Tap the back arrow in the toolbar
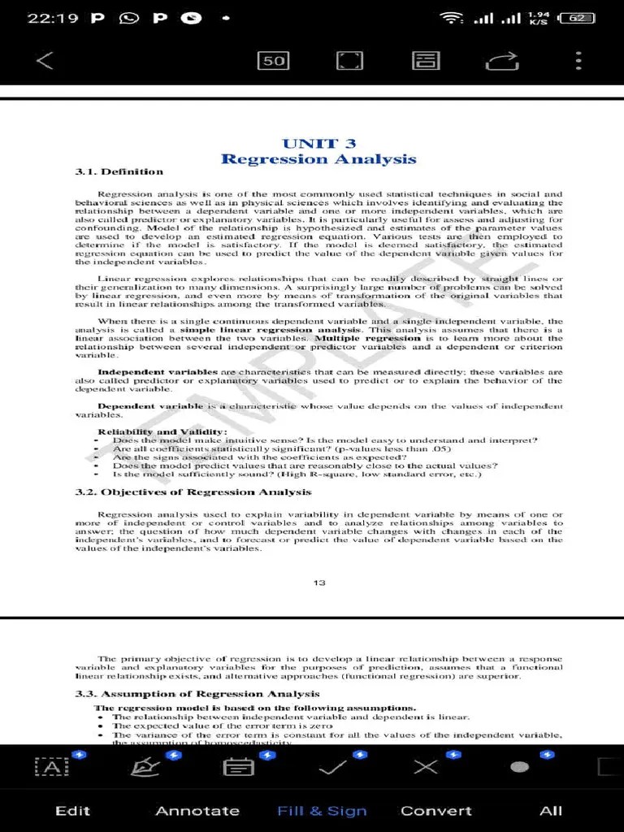45,60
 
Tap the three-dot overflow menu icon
578,60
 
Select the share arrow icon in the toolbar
502,60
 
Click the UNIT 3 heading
318,144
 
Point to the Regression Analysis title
318,159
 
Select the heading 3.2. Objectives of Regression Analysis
193,492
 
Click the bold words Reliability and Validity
162,431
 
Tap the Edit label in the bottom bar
72,811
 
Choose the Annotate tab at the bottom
197,811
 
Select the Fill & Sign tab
322,811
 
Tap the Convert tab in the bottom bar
435,811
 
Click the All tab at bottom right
551,811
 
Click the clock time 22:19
52,18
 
